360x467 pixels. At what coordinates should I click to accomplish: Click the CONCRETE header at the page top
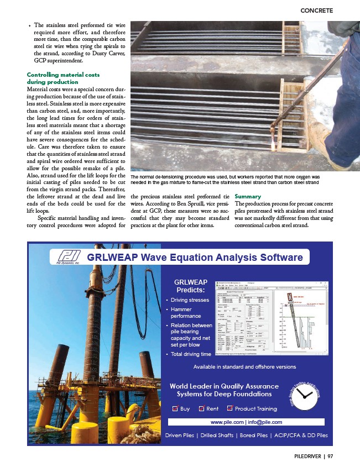pos(316,10)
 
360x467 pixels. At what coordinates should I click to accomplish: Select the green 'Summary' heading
pos(249,196)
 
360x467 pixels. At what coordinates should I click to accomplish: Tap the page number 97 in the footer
pos(331,456)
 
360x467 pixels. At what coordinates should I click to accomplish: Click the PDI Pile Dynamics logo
pos(66,258)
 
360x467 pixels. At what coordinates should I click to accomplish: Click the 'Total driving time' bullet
pos(191,354)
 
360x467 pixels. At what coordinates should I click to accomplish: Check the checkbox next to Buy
pos(175,409)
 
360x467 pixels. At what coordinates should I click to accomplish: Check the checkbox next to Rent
pos(201,409)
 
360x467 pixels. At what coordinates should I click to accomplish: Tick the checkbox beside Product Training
pos(230,409)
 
